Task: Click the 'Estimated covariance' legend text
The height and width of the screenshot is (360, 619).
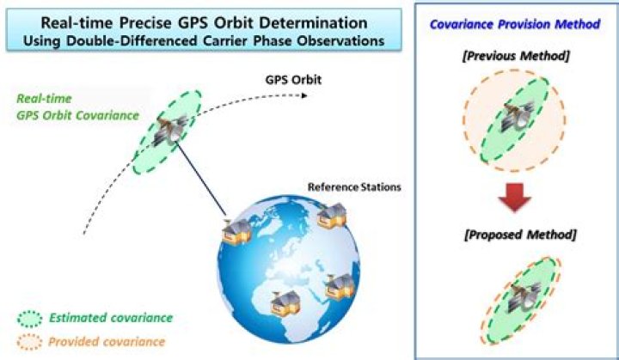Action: (x=109, y=318)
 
